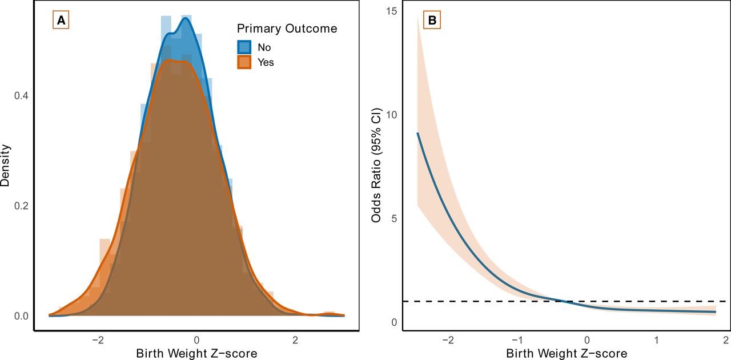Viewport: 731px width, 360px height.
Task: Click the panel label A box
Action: (x=61, y=21)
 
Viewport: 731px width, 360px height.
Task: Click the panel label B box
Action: (x=432, y=21)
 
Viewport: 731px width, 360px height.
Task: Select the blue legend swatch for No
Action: (x=244, y=47)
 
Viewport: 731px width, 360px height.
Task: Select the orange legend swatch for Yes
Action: (x=244, y=62)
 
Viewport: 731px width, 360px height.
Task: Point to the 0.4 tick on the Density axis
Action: (x=21, y=96)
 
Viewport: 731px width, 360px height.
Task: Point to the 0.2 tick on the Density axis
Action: (x=21, y=206)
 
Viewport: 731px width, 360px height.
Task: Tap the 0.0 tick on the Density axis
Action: (x=21, y=315)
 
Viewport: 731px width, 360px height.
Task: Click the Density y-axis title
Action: (x=6, y=165)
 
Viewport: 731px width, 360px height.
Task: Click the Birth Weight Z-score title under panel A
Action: (x=196, y=353)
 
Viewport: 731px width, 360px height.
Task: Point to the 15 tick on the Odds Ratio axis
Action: (x=391, y=11)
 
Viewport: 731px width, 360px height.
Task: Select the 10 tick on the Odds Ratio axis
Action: (x=391, y=115)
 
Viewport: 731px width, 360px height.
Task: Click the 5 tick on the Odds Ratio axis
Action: (x=393, y=219)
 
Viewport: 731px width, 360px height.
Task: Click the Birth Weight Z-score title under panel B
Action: (x=567, y=353)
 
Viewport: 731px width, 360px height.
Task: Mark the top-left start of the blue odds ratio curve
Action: (x=418, y=133)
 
